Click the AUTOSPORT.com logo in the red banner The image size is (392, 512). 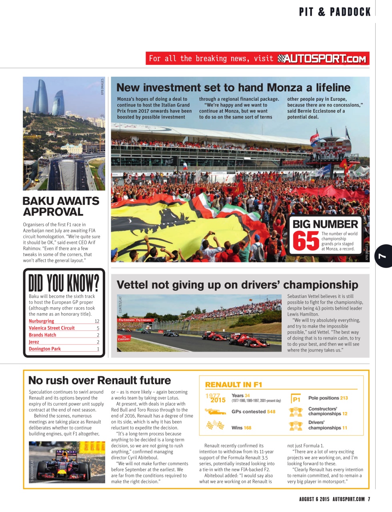pyautogui.click(x=322, y=59)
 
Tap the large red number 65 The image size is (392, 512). pyautogui.click(x=306, y=241)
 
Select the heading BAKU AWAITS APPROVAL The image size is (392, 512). pyautogui.click(x=61, y=206)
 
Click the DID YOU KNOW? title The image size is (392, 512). pyautogui.click(x=64, y=283)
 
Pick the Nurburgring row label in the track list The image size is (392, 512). pyautogui.click(x=42, y=321)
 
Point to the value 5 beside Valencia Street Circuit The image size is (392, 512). pyautogui.click(x=98, y=328)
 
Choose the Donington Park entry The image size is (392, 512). pyautogui.click(x=45, y=349)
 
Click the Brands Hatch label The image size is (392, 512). pyautogui.click(x=42, y=335)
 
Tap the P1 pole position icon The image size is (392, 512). pyautogui.click(x=296, y=399)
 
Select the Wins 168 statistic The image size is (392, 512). pyautogui.click(x=241, y=428)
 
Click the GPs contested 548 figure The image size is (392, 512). pyautogui.click(x=253, y=412)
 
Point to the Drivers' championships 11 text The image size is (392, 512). pyautogui.click(x=327, y=425)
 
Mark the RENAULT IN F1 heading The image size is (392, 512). pyautogui.click(x=234, y=385)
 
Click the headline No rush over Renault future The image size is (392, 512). pyautogui.click(x=100, y=380)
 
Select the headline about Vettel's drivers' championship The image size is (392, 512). pyautogui.click(x=237, y=285)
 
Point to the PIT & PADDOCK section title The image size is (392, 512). pyautogui.click(x=335, y=12)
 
